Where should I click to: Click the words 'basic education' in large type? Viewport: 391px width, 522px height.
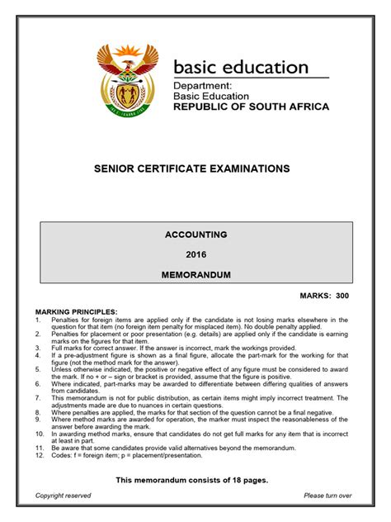(241, 67)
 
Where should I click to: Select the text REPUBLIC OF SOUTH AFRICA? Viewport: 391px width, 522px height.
(251, 107)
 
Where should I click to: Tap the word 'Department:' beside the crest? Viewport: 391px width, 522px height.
(202, 85)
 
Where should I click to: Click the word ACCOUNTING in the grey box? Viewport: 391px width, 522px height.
(195, 235)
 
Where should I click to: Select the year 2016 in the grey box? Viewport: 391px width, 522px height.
(195, 254)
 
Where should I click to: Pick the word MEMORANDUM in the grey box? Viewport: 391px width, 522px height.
(195, 273)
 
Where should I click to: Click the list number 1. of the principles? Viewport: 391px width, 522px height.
(38, 318)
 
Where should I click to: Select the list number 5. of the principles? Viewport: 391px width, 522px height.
(38, 368)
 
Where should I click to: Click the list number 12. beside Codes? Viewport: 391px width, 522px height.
(40, 454)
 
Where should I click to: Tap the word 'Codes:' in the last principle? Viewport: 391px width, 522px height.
(61, 454)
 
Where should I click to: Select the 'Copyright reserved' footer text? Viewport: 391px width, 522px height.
(64, 496)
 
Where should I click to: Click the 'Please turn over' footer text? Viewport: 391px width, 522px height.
(327, 496)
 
